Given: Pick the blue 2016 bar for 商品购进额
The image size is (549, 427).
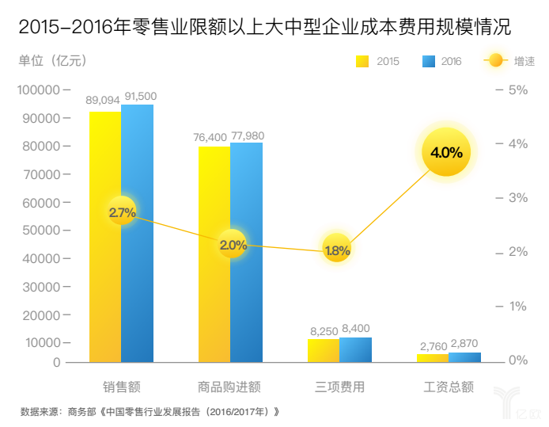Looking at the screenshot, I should (246, 301).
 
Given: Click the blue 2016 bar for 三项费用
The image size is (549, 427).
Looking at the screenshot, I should (355, 350).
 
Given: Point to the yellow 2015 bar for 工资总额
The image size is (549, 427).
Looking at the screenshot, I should (432, 358).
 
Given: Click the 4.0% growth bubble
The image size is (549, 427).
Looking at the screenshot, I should (446, 152).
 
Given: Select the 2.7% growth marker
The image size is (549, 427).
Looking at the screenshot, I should (122, 212).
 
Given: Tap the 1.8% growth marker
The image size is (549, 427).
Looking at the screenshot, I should (337, 250).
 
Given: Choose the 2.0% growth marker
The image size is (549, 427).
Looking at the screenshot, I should (233, 246).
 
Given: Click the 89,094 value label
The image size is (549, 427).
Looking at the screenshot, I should (103, 99).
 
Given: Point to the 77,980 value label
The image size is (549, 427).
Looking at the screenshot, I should (248, 136).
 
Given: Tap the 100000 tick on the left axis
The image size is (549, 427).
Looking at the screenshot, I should (39, 90).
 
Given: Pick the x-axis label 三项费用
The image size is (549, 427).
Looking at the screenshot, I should (339, 387).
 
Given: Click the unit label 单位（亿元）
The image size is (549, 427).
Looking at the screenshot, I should (53, 61).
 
